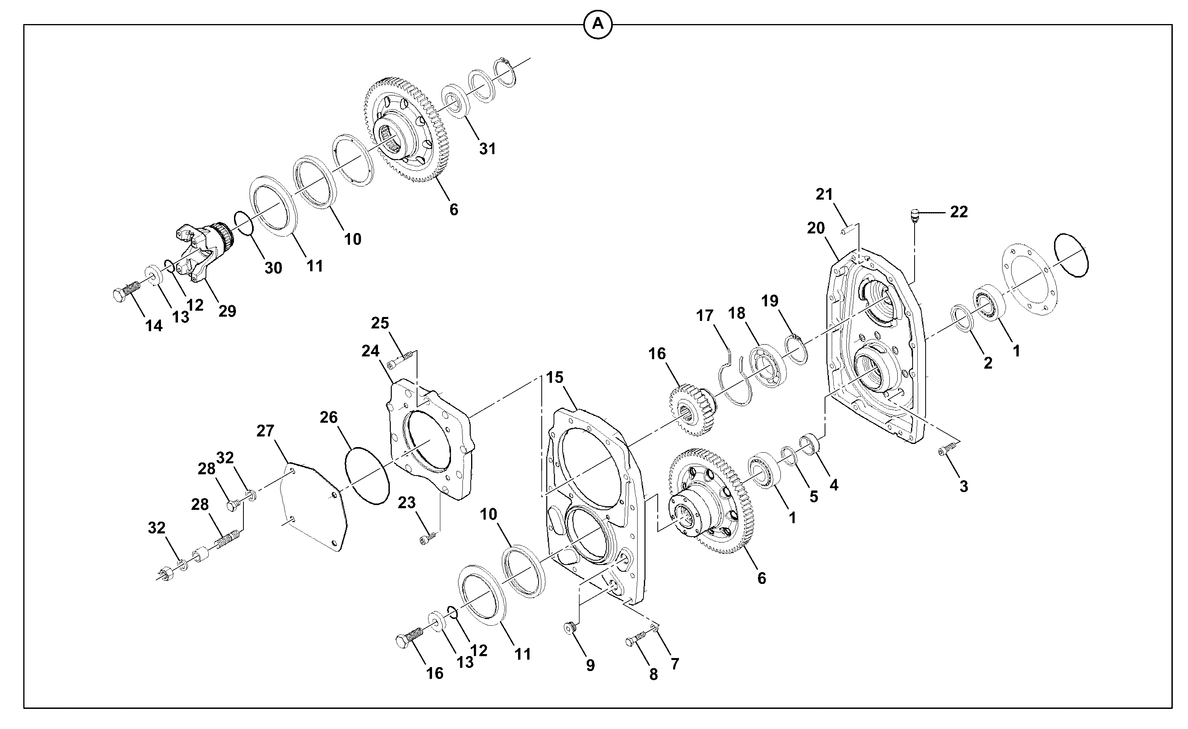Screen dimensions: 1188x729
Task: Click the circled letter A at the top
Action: pos(598,24)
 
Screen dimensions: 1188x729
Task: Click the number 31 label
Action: pos(487,149)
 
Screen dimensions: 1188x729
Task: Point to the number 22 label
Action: pos(959,212)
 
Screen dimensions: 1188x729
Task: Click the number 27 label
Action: pos(265,431)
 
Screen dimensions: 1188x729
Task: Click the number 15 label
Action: pos(555,377)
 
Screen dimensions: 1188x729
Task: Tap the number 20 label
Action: pos(816,227)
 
